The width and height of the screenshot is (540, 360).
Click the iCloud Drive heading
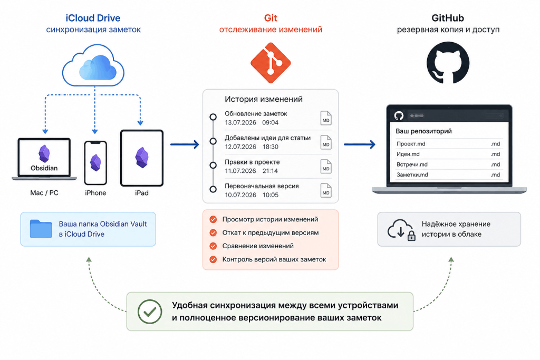tap(93, 18)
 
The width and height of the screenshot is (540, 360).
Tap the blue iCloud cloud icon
tap(93, 65)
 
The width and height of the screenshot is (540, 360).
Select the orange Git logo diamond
tap(271, 63)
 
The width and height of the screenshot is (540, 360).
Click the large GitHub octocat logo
tap(448, 63)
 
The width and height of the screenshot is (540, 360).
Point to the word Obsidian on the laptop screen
tap(44, 168)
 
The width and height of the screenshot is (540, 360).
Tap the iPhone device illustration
tap(95, 163)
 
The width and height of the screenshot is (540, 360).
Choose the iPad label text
tap(141, 193)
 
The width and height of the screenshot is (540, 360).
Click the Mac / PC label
tap(44, 193)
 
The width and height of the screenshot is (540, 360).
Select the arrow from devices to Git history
tap(185, 144)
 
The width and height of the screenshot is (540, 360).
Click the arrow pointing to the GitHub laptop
tap(360, 144)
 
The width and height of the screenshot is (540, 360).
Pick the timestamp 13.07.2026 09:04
tap(252, 122)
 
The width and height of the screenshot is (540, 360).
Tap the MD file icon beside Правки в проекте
tap(326, 167)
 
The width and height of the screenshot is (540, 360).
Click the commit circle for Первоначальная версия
tap(213, 189)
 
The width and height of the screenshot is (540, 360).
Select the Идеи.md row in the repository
tap(448, 154)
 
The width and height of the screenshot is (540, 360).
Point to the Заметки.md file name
tap(412, 175)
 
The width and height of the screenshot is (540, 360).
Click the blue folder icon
tap(41, 229)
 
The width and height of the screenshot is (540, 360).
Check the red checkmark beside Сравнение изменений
tap(213, 246)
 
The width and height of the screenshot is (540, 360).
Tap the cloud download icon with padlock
tap(401, 230)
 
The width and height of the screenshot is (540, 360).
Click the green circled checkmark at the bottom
tap(150, 312)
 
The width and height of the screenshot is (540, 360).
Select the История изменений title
tap(264, 99)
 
